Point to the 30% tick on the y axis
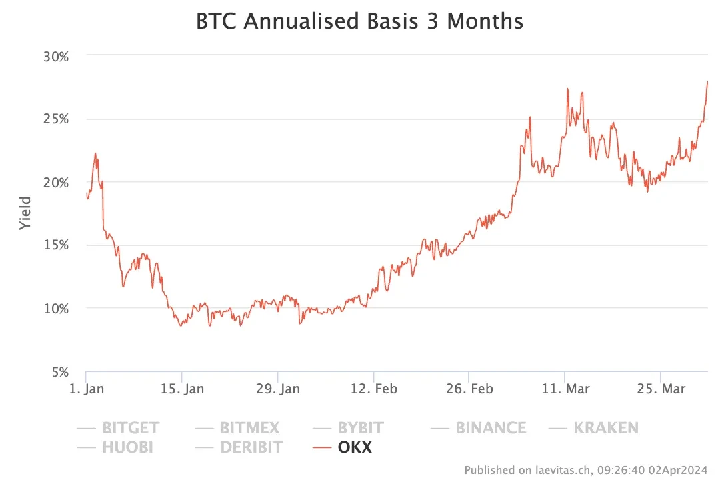56,56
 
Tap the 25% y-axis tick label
56,119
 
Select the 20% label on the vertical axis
56,183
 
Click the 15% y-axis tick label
56,245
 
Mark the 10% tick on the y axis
56,309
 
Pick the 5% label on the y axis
60,372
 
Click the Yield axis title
25,213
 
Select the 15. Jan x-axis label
181,389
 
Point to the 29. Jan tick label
277,389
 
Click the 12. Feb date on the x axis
373,389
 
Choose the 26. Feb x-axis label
469,389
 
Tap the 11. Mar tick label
565,389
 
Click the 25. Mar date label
661,389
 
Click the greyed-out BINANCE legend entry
491,428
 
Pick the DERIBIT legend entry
251,447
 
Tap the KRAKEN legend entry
605,428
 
